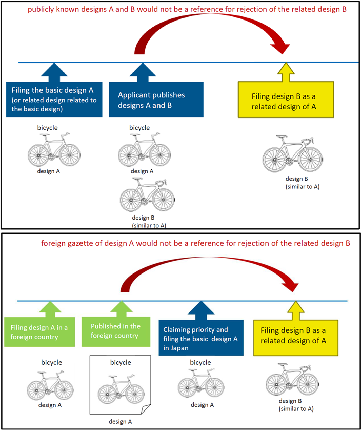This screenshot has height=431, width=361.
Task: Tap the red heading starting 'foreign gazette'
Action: tap(195, 242)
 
